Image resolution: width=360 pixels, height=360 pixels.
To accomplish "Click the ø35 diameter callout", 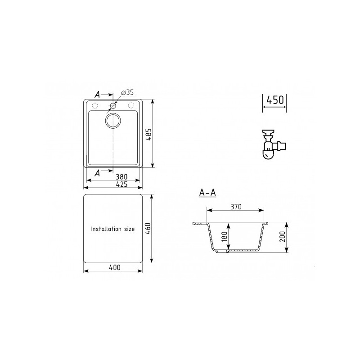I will [128, 93].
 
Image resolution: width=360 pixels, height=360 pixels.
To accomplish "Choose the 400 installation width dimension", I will [114, 267].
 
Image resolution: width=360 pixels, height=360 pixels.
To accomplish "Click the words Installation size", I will [112, 229].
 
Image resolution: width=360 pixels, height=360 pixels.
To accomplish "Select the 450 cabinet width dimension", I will [275, 100].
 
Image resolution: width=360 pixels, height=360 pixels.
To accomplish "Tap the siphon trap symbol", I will [271, 144].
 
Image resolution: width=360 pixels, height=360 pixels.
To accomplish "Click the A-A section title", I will [207, 193].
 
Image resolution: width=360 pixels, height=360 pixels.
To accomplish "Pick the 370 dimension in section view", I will [235, 207].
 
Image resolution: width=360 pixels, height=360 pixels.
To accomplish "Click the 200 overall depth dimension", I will [283, 238].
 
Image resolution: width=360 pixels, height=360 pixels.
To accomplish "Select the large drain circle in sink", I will [113, 120].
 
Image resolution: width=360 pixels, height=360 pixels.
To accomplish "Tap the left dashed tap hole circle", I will [95, 106].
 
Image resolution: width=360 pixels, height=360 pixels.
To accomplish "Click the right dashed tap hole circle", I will [131, 106].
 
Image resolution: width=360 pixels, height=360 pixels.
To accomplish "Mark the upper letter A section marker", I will [97, 94].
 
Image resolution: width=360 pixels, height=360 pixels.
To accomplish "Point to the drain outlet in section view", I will [222, 252].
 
